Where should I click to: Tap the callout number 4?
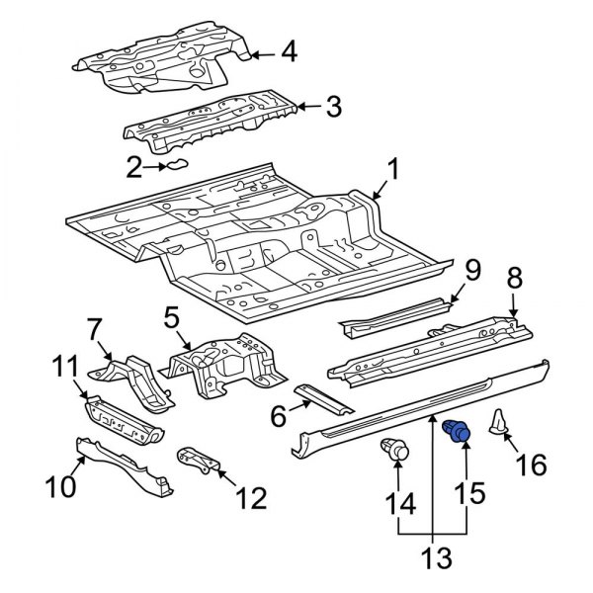[288, 50]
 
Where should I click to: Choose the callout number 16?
[531, 464]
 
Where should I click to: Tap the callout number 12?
[253, 498]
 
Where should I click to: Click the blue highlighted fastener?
[458, 432]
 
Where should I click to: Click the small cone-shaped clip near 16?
[500, 423]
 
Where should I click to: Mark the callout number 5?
[171, 317]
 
